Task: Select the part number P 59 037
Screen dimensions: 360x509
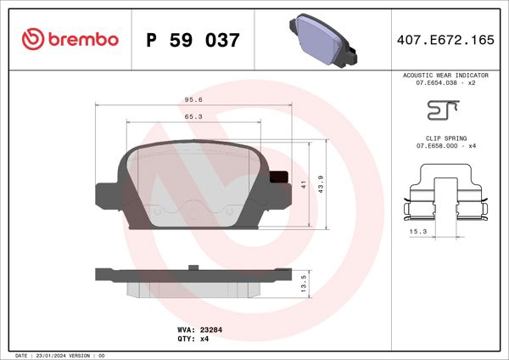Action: click(193, 40)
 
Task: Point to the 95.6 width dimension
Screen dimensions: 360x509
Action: click(193, 98)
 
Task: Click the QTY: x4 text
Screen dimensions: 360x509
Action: click(193, 338)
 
